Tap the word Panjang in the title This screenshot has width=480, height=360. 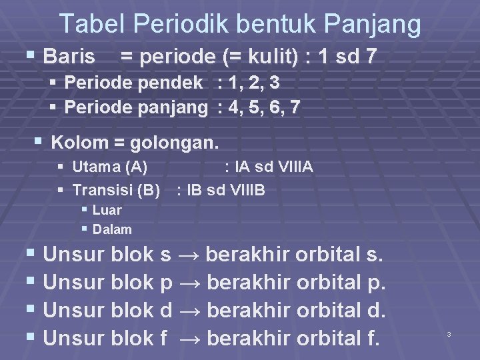(x=375, y=25)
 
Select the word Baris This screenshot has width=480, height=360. (x=69, y=57)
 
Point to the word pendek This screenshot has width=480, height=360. (x=174, y=83)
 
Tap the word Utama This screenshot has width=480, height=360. (x=95, y=167)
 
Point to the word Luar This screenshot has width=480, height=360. (x=107, y=210)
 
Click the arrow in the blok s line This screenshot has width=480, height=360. (x=189, y=255)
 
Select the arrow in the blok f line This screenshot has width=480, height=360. (x=189, y=338)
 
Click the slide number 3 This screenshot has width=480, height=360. (x=449, y=333)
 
